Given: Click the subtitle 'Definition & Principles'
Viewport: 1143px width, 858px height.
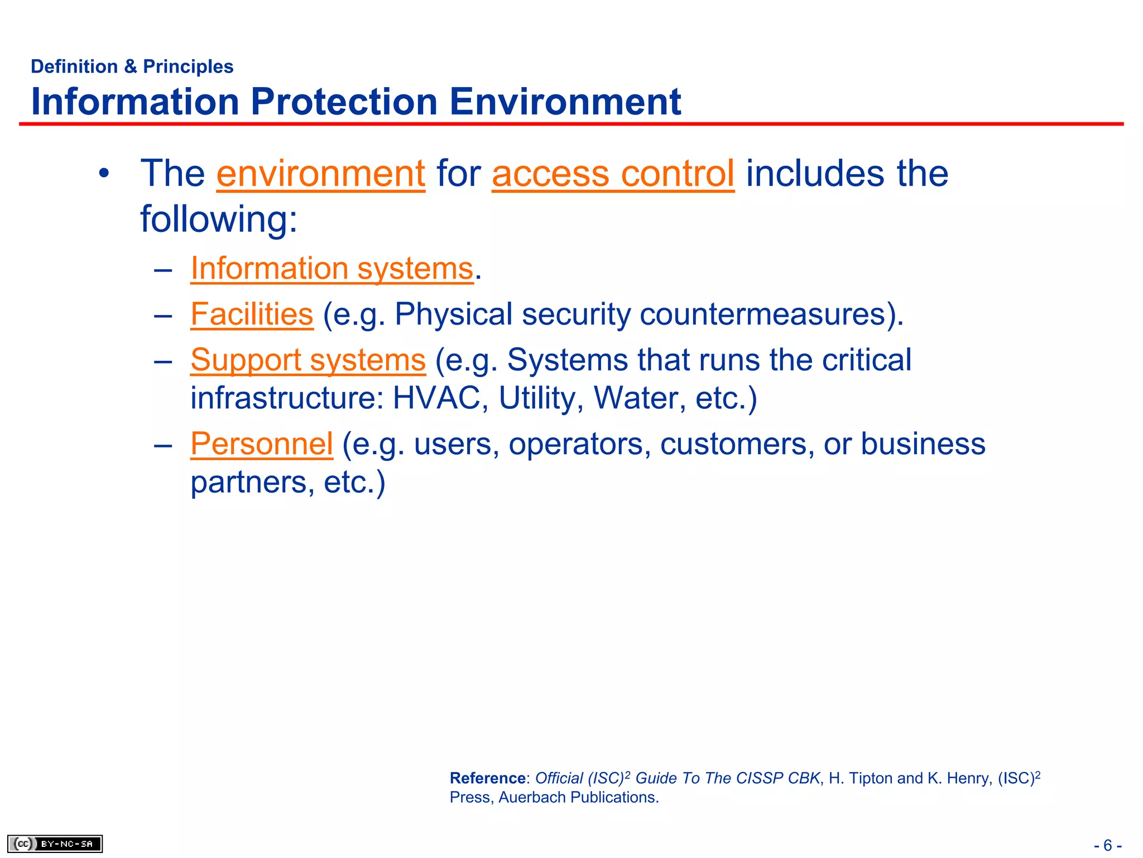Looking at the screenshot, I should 132,66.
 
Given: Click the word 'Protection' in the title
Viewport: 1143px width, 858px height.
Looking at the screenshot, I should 344,102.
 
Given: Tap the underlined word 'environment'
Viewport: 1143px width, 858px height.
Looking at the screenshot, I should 320,173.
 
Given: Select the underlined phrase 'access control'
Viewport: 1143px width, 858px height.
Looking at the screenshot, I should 613,173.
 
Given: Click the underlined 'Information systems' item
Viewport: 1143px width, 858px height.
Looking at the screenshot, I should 332,269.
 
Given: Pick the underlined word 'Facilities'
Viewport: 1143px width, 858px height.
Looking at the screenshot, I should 252,314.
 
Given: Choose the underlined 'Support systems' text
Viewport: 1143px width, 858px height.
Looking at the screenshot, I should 308,360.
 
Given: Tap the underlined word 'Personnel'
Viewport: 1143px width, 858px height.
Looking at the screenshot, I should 262,444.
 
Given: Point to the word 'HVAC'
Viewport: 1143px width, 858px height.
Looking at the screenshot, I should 437,398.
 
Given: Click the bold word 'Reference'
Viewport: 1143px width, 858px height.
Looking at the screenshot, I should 487,778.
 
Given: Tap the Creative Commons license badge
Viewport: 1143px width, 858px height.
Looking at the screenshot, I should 55,843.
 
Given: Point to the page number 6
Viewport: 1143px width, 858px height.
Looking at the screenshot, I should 1107,845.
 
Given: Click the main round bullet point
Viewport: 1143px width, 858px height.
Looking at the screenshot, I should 104,174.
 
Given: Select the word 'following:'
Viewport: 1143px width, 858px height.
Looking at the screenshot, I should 219,219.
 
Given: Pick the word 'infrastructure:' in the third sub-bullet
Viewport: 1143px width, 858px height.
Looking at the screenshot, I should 287,398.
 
